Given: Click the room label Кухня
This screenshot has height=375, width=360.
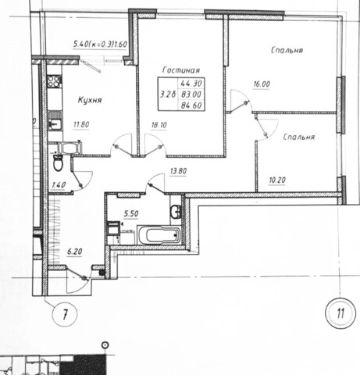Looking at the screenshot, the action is point(90,100).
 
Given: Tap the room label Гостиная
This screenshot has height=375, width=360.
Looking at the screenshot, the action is point(181,70).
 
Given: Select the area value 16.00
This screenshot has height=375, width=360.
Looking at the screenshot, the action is point(262,84).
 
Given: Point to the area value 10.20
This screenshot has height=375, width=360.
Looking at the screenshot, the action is point(277,180).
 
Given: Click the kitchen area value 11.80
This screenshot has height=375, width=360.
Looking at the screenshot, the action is point(81,124).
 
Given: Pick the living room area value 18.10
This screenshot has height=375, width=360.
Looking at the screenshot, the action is point(159,125).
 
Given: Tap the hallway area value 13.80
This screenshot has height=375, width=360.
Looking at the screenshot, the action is point(178,171).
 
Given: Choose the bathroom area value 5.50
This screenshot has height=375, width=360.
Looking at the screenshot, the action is point(131,214).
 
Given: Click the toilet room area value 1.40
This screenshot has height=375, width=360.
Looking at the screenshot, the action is point(59,185).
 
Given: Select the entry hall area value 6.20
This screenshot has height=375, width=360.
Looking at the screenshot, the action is point(75,252).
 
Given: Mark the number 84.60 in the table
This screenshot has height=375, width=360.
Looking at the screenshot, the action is point(191,105).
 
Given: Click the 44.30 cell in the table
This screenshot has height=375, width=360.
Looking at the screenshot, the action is point(191,83).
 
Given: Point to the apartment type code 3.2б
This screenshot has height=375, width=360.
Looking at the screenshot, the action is point(168,94).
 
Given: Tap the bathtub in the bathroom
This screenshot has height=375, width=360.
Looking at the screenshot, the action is point(159,235).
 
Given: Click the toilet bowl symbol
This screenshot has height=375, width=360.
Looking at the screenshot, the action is point(58,162).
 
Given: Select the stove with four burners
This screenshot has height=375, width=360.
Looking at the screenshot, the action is point(54,80).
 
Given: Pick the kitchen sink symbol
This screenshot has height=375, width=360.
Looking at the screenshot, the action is point(55,120).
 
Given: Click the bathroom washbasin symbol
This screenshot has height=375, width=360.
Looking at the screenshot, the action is point(176,212).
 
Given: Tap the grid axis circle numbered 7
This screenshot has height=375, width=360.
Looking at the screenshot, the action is point(65,314).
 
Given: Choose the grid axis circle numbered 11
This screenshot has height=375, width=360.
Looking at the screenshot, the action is point(340,313).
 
